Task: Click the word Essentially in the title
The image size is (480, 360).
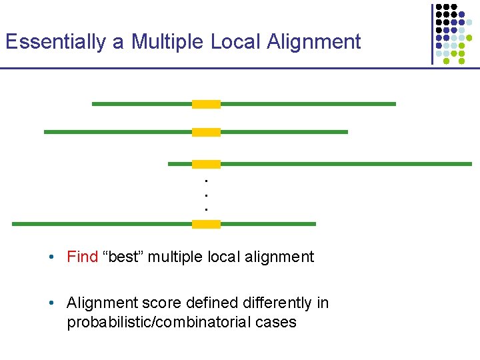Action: [x=55, y=41]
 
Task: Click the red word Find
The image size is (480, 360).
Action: [x=82, y=257]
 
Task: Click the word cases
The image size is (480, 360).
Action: [x=273, y=323]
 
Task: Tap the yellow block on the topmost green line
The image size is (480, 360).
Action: [x=206, y=104]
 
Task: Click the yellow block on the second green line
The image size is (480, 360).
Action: [x=206, y=132]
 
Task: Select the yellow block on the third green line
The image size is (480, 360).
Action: [x=206, y=164]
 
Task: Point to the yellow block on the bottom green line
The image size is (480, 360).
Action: [x=206, y=224]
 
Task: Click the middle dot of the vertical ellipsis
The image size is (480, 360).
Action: [x=207, y=195]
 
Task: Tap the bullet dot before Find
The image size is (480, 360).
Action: [x=51, y=258]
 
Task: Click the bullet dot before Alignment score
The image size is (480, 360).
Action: [x=51, y=304]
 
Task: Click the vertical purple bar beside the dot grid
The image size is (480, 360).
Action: [x=432, y=33]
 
